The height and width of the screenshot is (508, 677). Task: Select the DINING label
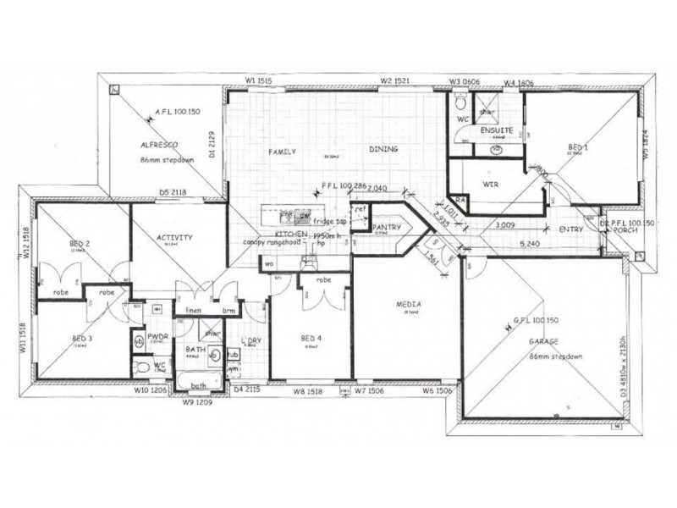point(383,150)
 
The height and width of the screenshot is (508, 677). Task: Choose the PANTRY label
point(387,227)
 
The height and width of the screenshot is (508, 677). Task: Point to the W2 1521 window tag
point(395,80)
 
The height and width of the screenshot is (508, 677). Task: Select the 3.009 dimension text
point(507,224)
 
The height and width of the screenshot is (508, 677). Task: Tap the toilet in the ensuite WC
point(460,105)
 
